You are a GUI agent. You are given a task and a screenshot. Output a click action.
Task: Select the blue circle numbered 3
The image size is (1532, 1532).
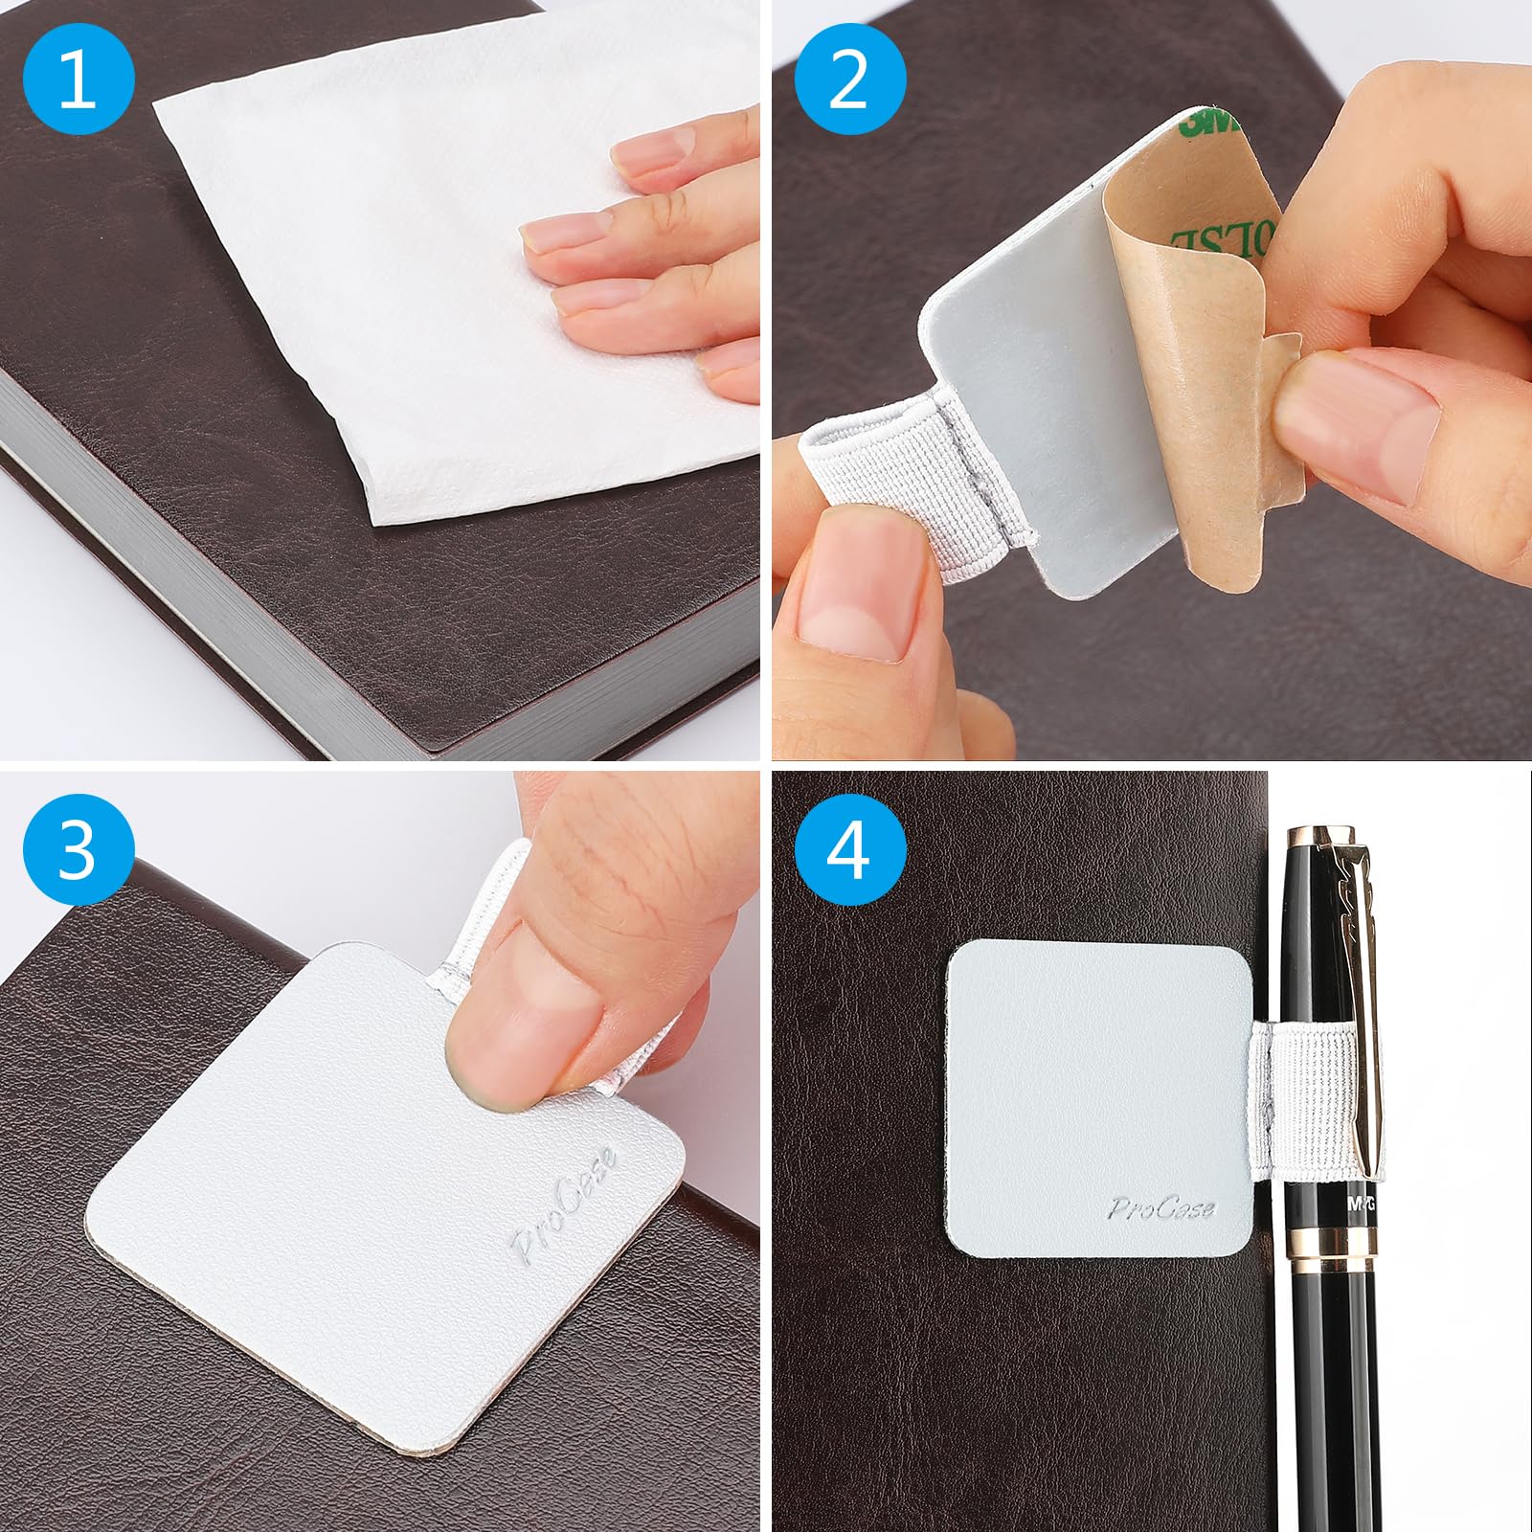[78, 848]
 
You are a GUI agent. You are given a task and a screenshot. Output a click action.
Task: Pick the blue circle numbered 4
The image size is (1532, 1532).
[849, 848]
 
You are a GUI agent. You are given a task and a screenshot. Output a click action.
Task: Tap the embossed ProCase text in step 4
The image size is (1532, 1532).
[1161, 1208]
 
